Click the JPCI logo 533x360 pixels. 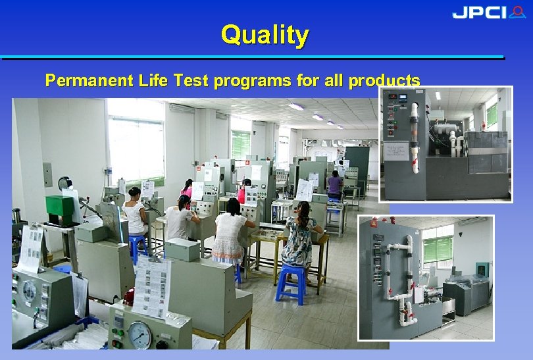(488, 13)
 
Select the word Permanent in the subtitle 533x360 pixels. (89, 81)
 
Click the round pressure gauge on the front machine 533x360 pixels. (139, 335)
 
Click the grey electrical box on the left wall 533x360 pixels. (47, 174)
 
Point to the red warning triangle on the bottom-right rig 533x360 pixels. (373, 224)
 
